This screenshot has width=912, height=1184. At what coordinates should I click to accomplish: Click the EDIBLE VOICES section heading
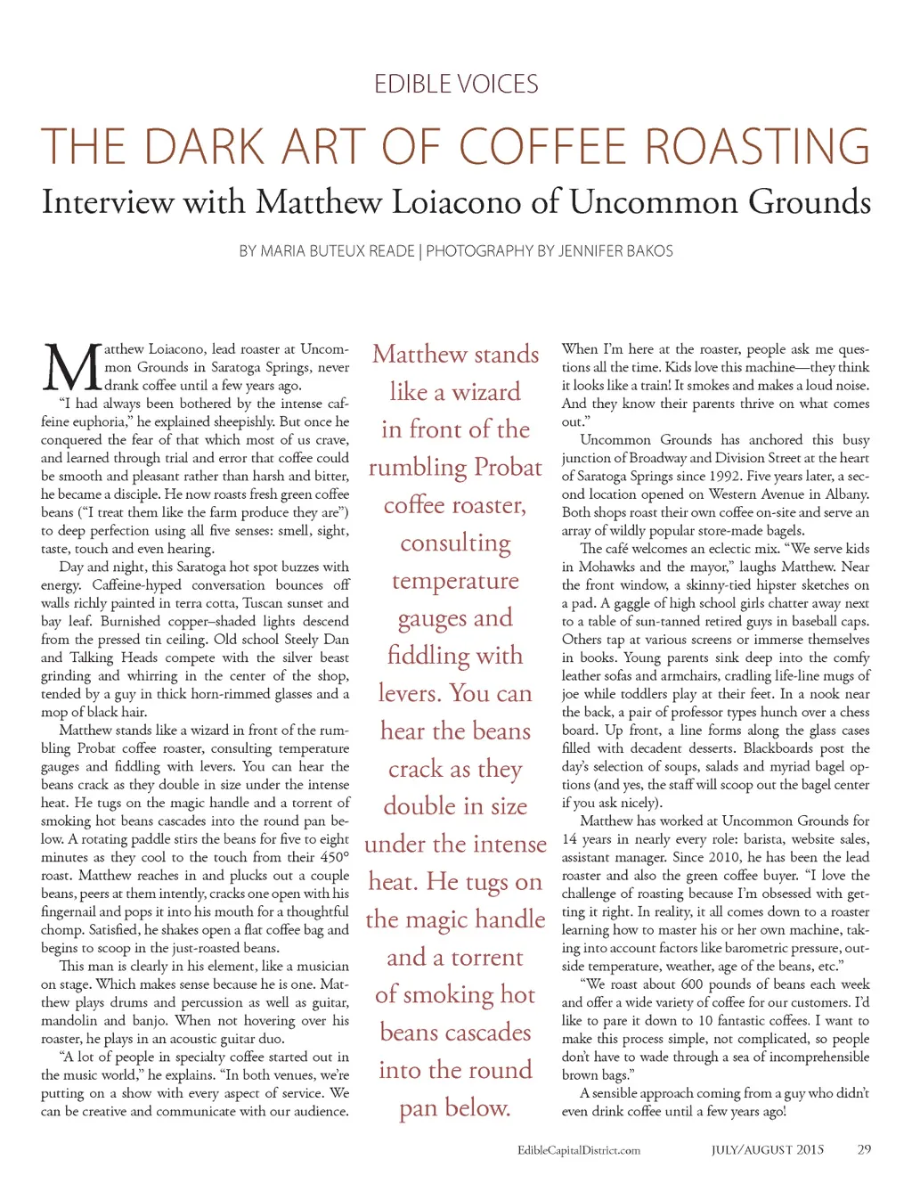tap(456, 85)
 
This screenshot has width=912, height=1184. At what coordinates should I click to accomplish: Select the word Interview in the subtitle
tap(107, 202)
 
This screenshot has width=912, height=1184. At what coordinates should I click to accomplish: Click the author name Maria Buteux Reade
tap(338, 251)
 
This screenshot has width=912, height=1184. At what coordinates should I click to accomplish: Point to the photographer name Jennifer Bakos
tap(605, 251)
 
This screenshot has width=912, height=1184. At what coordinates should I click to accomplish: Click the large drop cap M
tap(71, 366)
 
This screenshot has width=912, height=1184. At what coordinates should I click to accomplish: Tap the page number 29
tap(864, 1150)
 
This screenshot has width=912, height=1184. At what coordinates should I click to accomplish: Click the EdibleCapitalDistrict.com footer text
tap(579, 1150)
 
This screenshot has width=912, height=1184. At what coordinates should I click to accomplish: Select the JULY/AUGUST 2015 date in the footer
tap(767, 1150)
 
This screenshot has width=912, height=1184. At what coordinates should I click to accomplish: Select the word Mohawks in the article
tap(607, 568)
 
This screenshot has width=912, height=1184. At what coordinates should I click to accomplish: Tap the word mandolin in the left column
tap(69, 1021)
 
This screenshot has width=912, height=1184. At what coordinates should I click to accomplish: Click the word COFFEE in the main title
tap(543, 147)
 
